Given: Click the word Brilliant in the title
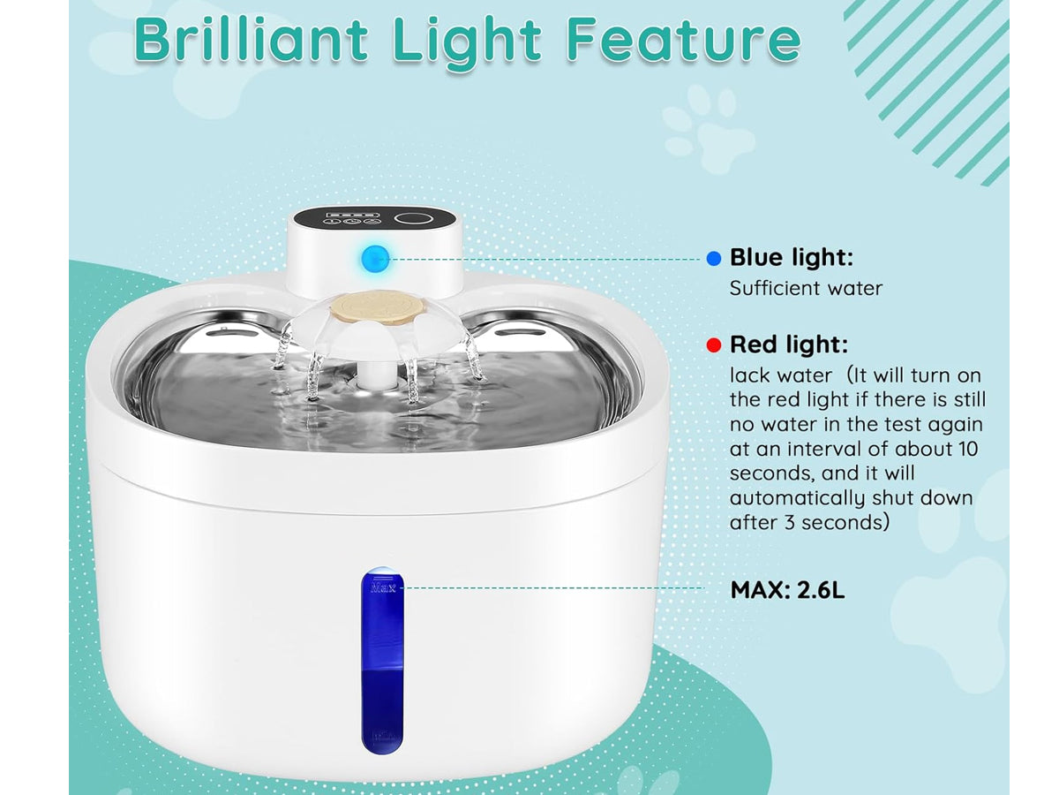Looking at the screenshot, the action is pyautogui.click(x=251, y=40).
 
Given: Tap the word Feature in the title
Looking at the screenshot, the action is pyautogui.click(x=683, y=40).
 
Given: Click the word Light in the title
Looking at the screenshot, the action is pyautogui.click(x=467, y=43).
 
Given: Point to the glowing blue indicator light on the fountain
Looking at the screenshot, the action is pyautogui.click(x=374, y=258).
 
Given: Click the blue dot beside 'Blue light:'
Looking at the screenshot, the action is pyautogui.click(x=713, y=259).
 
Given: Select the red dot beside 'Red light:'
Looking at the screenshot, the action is pyautogui.click(x=713, y=345).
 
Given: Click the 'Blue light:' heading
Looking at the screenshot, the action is pyautogui.click(x=792, y=257).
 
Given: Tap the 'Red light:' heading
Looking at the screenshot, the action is pyautogui.click(x=788, y=344).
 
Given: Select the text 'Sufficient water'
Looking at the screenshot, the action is pyautogui.click(x=806, y=289).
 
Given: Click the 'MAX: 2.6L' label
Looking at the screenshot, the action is pyautogui.click(x=787, y=590).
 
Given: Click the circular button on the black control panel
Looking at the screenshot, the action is pyautogui.click(x=411, y=219).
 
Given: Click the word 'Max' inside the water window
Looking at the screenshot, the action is pyautogui.click(x=383, y=588).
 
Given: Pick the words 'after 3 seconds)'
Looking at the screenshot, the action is pyautogui.click(x=808, y=523).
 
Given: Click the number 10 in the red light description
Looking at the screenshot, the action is pyautogui.click(x=966, y=450).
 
